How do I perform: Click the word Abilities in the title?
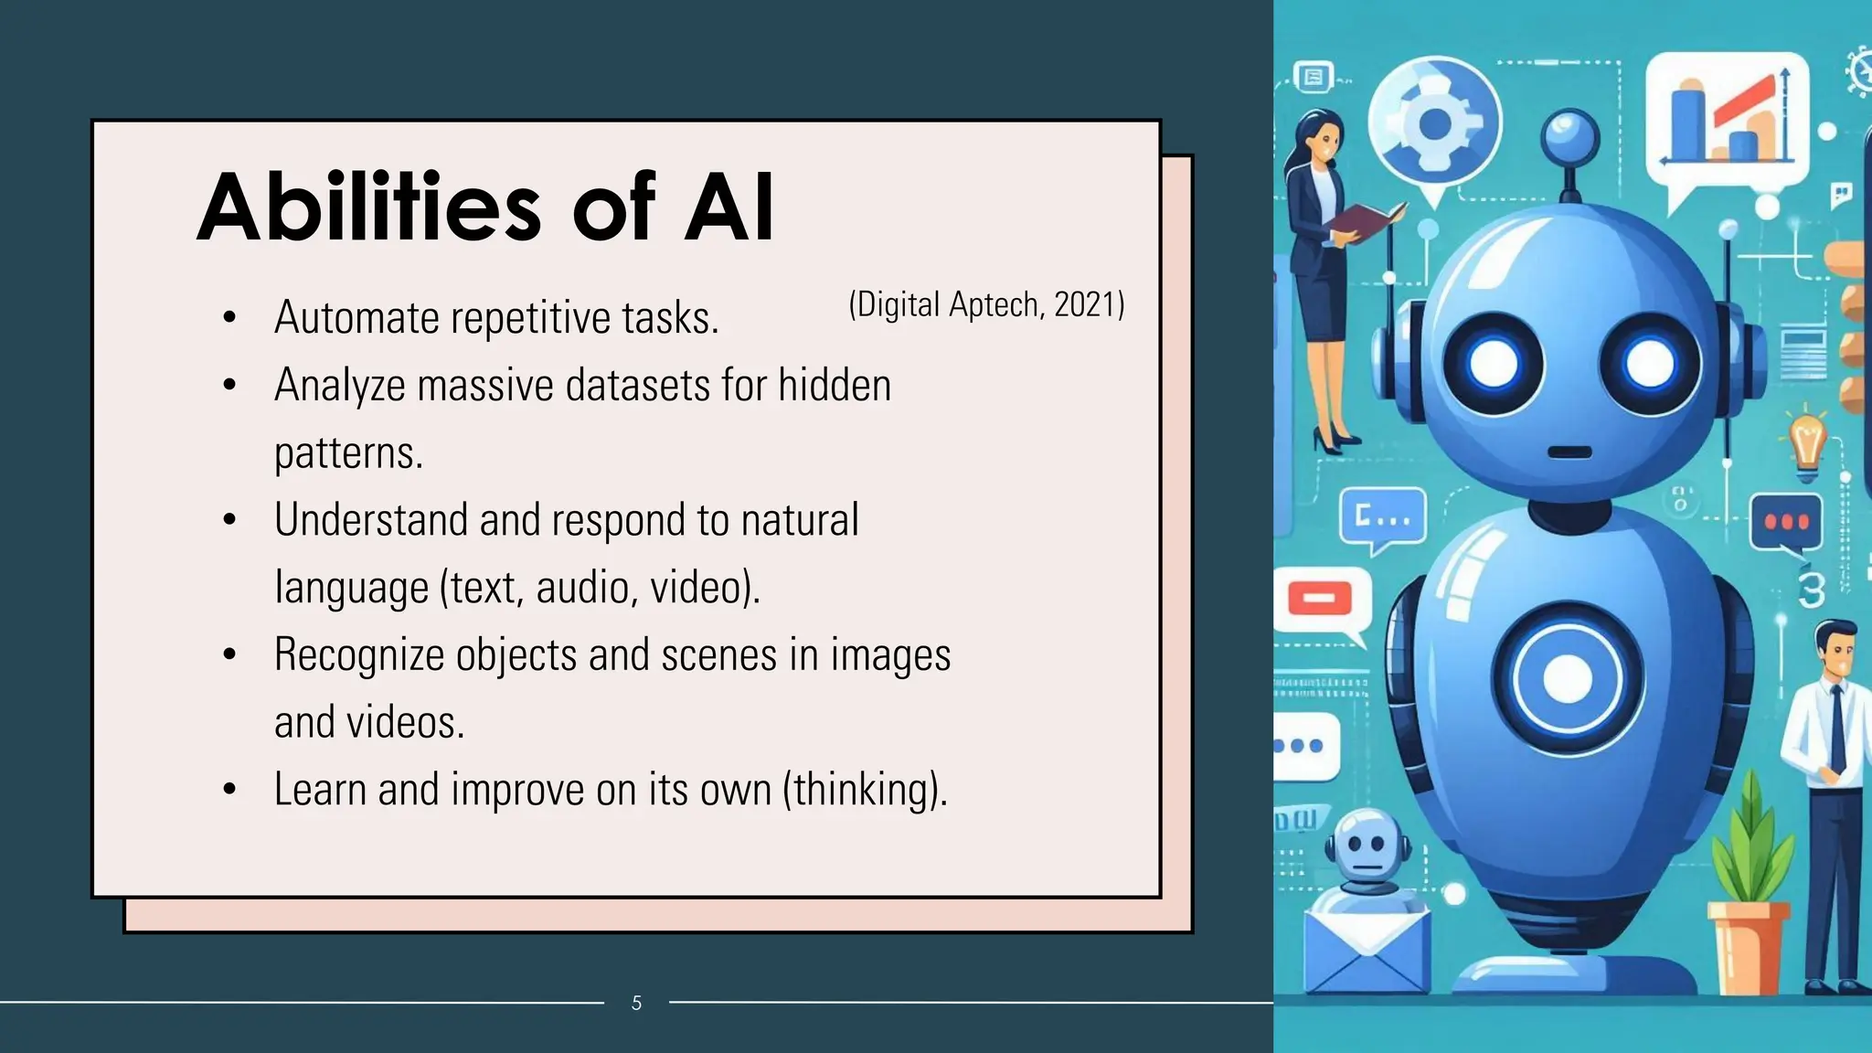point(370,208)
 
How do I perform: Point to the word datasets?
point(637,385)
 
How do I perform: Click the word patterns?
point(348,452)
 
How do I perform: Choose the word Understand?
point(371,519)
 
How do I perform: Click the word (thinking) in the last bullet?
point(865,789)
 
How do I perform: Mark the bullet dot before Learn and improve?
point(229,789)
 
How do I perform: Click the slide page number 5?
point(636,1003)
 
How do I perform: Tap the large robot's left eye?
point(1494,365)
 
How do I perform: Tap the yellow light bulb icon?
point(1806,443)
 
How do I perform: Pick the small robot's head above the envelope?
point(1365,846)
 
